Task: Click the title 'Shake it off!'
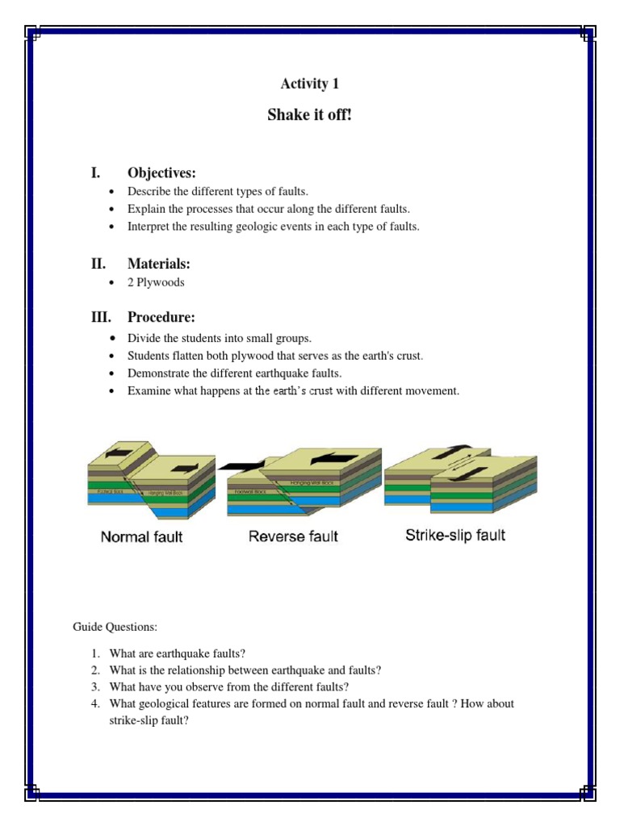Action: tap(309, 115)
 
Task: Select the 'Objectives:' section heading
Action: tap(161, 173)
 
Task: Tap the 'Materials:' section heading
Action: tap(158, 264)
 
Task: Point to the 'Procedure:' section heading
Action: tap(161, 317)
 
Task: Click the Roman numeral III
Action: tap(101, 317)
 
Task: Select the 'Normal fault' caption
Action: tap(141, 536)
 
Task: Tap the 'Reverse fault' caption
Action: tap(293, 536)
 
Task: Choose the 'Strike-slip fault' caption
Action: tap(455, 535)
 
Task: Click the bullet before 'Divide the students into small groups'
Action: tap(111, 339)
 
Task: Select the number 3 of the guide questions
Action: tap(94, 687)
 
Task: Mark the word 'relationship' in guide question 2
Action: tap(199, 670)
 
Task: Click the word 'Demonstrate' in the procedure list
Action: tap(157, 373)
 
